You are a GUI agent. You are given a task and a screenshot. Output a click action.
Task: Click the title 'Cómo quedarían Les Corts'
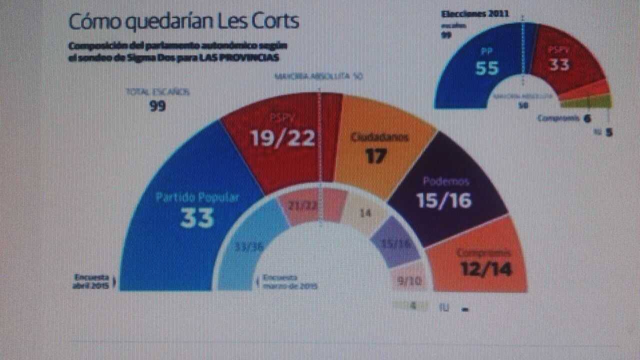pyautogui.click(x=183, y=21)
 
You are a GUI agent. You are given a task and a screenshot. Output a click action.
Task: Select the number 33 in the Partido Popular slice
pyautogui.click(x=197, y=217)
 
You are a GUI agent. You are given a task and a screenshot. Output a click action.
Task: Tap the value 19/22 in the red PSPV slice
pyautogui.click(x=283, y=137)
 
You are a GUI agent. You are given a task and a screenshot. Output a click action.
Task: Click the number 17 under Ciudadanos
pyautogui.click(x=375, y=155)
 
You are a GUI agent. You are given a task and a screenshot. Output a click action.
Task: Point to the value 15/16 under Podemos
pyautogui.click(x=444, y=200)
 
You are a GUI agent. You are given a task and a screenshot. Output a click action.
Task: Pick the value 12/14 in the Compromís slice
pyautogui.click(x=486, y=269)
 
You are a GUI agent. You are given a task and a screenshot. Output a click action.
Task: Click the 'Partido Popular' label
pyautogui.click(x=197, y=197)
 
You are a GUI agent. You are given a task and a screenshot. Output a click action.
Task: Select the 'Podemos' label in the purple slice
pyautogui.click(x=445, y=181)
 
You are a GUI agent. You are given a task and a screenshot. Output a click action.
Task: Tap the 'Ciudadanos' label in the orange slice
pyautogui.click(x=379, y=136)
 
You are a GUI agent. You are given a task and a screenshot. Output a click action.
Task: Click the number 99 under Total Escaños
pyautogui.click(x=157, y=106)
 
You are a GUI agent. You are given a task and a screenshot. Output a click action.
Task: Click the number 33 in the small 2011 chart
pyautogui.click(x=559, y=64)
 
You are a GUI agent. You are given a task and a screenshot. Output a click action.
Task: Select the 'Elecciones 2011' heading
pyautogui.click(x=474, y=13)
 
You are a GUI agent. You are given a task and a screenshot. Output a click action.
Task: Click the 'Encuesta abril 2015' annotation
pyautogui.click(x=92, y=280)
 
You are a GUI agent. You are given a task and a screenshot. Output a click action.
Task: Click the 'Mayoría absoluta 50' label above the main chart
pyautogui.click(x=318, y=76)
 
